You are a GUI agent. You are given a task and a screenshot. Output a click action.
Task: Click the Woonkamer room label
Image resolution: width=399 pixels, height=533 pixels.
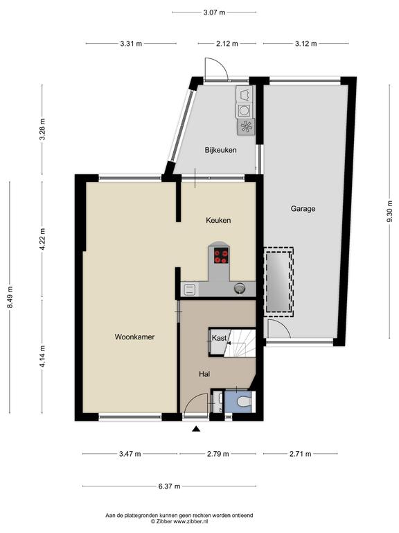tap(134, 337)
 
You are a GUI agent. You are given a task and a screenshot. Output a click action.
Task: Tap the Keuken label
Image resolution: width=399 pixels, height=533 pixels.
tap(218, 220)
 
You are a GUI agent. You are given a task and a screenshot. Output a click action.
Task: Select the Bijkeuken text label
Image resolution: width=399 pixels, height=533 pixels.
tap(220, 150)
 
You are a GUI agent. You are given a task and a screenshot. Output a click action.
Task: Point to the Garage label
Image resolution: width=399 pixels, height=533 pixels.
tap(303, 209)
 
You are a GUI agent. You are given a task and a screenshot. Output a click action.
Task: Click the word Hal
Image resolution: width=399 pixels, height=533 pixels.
tap(204, 374)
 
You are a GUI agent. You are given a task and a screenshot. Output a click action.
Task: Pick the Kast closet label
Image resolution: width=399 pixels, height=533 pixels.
tap(219, 338)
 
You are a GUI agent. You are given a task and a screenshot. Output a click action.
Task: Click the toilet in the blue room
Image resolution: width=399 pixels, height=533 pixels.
tap(245, 402)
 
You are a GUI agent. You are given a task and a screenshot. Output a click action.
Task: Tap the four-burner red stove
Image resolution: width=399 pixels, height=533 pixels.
tap(221, 256)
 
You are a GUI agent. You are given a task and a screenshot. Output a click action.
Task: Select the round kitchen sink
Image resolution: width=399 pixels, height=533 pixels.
tap(240, 288)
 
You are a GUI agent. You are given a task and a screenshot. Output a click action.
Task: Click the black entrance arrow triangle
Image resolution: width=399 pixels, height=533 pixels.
tap(196, 430)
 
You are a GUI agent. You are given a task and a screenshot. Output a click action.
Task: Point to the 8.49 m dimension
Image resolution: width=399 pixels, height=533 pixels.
tap(10, 297)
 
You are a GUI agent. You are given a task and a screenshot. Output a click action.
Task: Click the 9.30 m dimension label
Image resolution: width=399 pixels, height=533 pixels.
tap(389, 211)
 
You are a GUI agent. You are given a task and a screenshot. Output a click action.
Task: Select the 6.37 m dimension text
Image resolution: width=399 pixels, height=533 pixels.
tap(169, 486)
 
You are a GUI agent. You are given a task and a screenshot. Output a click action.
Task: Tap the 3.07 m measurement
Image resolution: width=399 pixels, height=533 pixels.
tap(214, 12)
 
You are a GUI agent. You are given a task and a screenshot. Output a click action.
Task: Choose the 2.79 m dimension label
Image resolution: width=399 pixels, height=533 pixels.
tap(218, 454)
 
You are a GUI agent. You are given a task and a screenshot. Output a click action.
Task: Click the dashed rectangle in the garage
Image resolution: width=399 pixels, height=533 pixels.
tap(278, 282)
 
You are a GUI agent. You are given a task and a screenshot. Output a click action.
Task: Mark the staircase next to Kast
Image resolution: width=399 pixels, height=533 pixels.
tap(240, 343)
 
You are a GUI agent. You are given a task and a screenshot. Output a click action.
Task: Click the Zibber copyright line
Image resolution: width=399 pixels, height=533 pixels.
tap(179, 521)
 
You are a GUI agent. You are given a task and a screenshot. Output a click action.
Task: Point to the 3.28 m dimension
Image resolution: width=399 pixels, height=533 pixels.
tap(42, 129)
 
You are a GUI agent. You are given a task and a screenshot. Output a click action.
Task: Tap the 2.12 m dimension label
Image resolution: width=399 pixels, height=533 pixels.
tap(227, 44)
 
